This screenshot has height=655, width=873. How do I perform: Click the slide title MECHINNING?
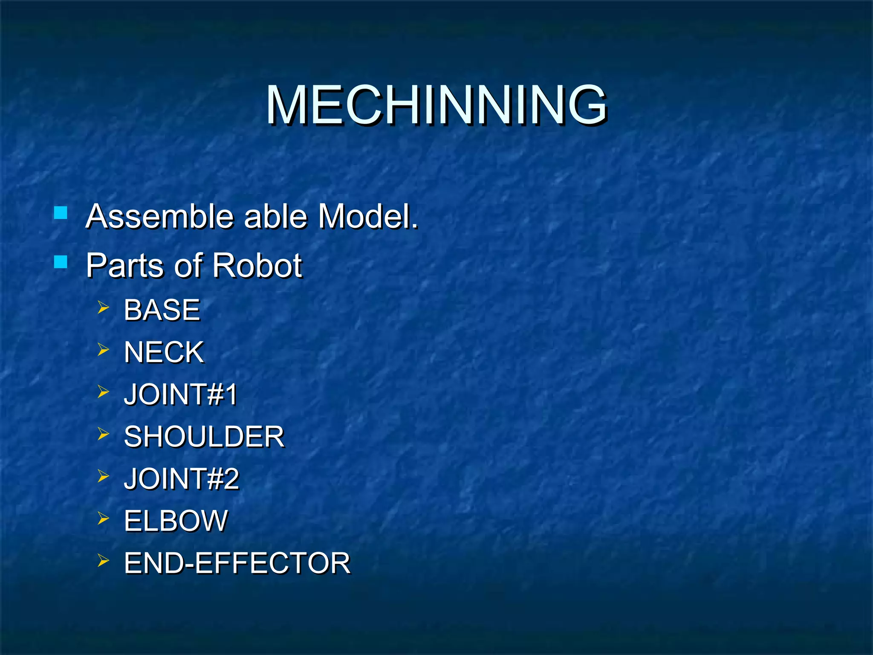436,105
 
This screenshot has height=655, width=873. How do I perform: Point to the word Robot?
257,265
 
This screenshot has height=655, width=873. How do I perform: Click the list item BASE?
162,310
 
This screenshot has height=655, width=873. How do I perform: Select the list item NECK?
164,352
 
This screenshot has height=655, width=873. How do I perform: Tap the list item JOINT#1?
180,394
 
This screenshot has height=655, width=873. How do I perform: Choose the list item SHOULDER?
204,437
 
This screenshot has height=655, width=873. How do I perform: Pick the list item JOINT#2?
182,478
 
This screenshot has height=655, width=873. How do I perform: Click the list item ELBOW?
176,521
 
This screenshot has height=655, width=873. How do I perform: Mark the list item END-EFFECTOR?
237,563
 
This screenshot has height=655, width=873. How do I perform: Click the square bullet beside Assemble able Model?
61,212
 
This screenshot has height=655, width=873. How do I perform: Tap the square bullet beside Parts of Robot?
61,261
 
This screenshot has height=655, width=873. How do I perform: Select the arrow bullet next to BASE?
103,307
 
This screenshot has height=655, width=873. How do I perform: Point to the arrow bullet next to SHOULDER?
103,434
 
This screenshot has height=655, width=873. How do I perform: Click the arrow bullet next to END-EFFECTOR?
103,560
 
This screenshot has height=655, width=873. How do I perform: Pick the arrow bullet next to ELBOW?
103,518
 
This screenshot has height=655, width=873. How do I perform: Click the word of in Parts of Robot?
188,265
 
